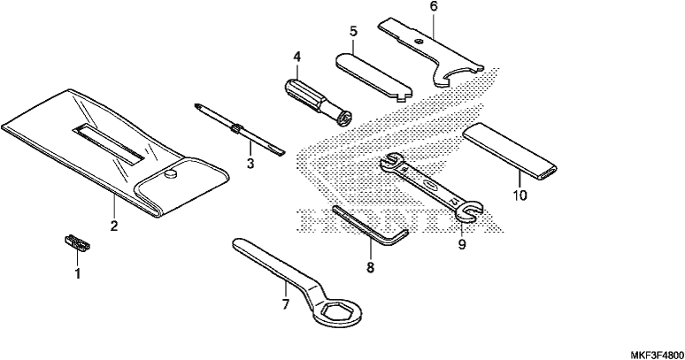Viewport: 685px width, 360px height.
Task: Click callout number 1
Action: pos(78,274)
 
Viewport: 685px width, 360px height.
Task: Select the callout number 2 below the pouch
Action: pos(114,226)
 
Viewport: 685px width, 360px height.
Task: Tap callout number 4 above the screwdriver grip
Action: pos(297,57)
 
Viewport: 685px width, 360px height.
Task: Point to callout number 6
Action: pos(433,6)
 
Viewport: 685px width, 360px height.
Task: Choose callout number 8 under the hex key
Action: pos(371,267)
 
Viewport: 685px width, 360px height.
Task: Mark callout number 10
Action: pos(520,195)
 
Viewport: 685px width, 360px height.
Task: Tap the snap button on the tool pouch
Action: pos(170,174)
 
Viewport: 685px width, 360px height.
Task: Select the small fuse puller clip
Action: pos(77,242)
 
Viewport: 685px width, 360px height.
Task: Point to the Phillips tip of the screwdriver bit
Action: pos(198,107)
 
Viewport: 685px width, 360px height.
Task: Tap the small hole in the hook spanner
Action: pos(419,42)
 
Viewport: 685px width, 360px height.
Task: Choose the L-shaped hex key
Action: pos(372,227)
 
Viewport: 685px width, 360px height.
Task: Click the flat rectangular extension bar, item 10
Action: pos(511,151)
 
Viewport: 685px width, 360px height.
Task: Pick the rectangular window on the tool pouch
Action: pos(109,143)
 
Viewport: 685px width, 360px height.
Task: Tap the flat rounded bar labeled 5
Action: pos(374,77)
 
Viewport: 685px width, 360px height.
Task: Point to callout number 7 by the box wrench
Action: pos(285,303)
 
